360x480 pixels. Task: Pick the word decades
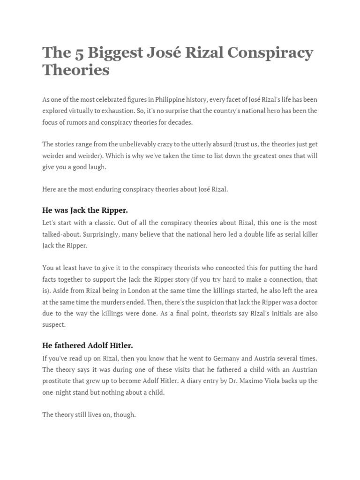pyautogui.click(x=179, y=122)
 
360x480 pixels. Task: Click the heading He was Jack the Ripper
pyautogui.click(x=85, y=210)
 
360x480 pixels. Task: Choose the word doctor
pyautogui.click(x=306, y=301)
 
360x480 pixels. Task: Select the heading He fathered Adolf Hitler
pyautogui.click(x=88, y=345)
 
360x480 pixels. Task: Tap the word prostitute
pyautogui.click(x=58, y=381)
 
